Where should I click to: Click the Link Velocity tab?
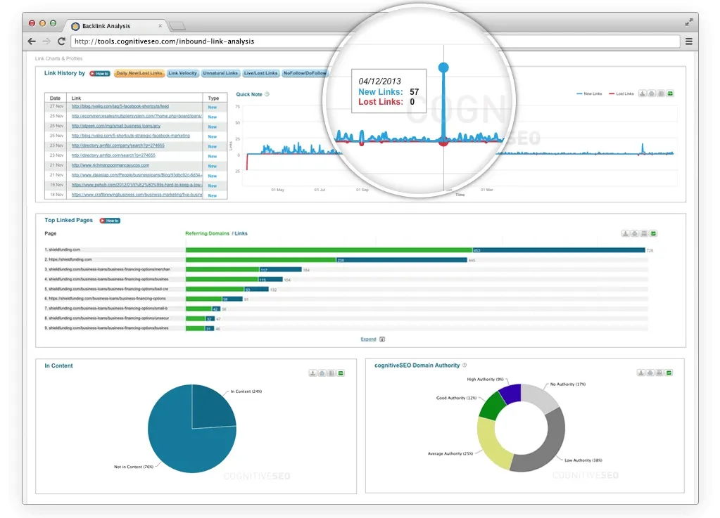pyautogui.click(x=183, y=73)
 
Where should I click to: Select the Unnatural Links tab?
pyautogui.click(x=220, y=73)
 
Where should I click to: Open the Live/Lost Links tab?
pyautogui.click(x=260, y=73)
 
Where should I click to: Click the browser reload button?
pyautogui.click(x=61, y=41)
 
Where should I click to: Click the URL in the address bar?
pyautogui.click(x=164, y=41)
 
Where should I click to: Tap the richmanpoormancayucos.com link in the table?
pyautogui.click(x=110, y=165)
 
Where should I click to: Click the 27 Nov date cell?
pyautogui.click(x=56, y=106)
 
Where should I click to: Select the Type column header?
pyautogui.click(x=213, y=98)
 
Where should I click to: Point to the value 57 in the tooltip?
pyautogui.click(x=414, y=92)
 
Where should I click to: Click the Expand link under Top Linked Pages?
pyautogui.click(x=368, y=339)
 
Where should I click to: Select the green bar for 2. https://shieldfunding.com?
pyautogui.click(x=260, y=259)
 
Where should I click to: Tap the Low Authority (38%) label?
pyautogui.click(x=583, y=460)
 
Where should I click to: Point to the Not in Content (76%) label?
pyautogui.click(x=133, y=467)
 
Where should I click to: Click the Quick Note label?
pyautogui.click(x=249, y=93)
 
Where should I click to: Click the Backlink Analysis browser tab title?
pyautogui.click(x=106, y=26)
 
